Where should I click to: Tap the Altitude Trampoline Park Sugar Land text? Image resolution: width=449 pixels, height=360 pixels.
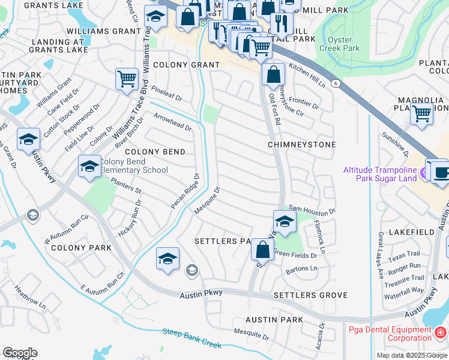[x=381, y=175]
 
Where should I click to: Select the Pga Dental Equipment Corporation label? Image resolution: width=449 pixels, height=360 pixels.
[x=391, y=334]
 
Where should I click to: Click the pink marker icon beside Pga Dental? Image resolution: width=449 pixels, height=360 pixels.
[x=441, y=331]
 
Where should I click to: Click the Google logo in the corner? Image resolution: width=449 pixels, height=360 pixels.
[x=20, y=352]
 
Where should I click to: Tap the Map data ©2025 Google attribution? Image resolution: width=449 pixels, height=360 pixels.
[x=411, y=355]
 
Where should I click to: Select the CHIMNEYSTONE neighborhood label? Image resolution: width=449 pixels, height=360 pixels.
[x=301, y=145]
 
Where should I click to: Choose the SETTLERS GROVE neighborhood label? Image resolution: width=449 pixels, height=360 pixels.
[x=310, y=295]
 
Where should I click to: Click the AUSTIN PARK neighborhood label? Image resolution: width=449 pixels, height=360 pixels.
[x=276, y=320]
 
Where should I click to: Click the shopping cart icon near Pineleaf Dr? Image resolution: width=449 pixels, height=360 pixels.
[x=127, y=79]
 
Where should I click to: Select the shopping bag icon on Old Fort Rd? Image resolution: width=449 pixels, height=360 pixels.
[x=273, y=75]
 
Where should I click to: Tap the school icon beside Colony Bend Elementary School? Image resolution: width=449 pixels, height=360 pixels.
[x=89, y=166]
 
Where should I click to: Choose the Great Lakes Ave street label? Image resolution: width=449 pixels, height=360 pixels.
[x=380, y=248]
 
